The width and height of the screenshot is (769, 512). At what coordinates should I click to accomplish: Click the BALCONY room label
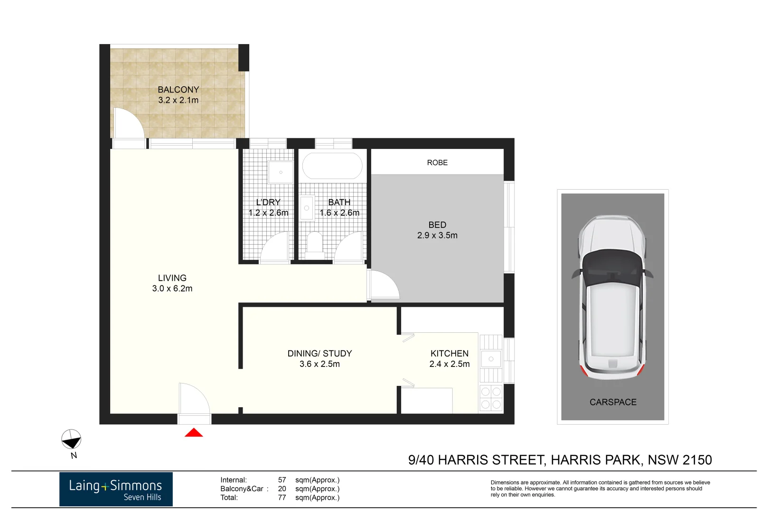point(178,90)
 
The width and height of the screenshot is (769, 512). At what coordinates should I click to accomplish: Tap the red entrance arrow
point(194,432)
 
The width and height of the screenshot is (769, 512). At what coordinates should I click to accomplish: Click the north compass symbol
point(71,439)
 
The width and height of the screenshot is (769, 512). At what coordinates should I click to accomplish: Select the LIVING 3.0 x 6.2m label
point(172,283)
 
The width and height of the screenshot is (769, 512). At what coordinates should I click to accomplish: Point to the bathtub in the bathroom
point(332,165)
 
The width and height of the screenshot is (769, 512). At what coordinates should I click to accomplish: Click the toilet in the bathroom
point(315,243)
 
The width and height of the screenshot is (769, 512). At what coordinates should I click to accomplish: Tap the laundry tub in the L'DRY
point(281,172)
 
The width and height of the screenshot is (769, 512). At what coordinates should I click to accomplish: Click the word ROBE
point(437,163)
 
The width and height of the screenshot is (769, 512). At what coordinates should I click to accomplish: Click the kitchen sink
point(491,359)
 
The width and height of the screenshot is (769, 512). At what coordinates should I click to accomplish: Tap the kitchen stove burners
point(491,398)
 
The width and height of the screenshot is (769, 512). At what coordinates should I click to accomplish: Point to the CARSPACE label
point(613,402)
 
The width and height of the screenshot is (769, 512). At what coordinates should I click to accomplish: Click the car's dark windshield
point(612,268)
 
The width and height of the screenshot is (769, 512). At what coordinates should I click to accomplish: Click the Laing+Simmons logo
point(116,489)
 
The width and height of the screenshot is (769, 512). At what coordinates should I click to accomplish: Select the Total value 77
point(282,497)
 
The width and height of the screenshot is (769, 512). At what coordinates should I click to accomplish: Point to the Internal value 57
point(282,480)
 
